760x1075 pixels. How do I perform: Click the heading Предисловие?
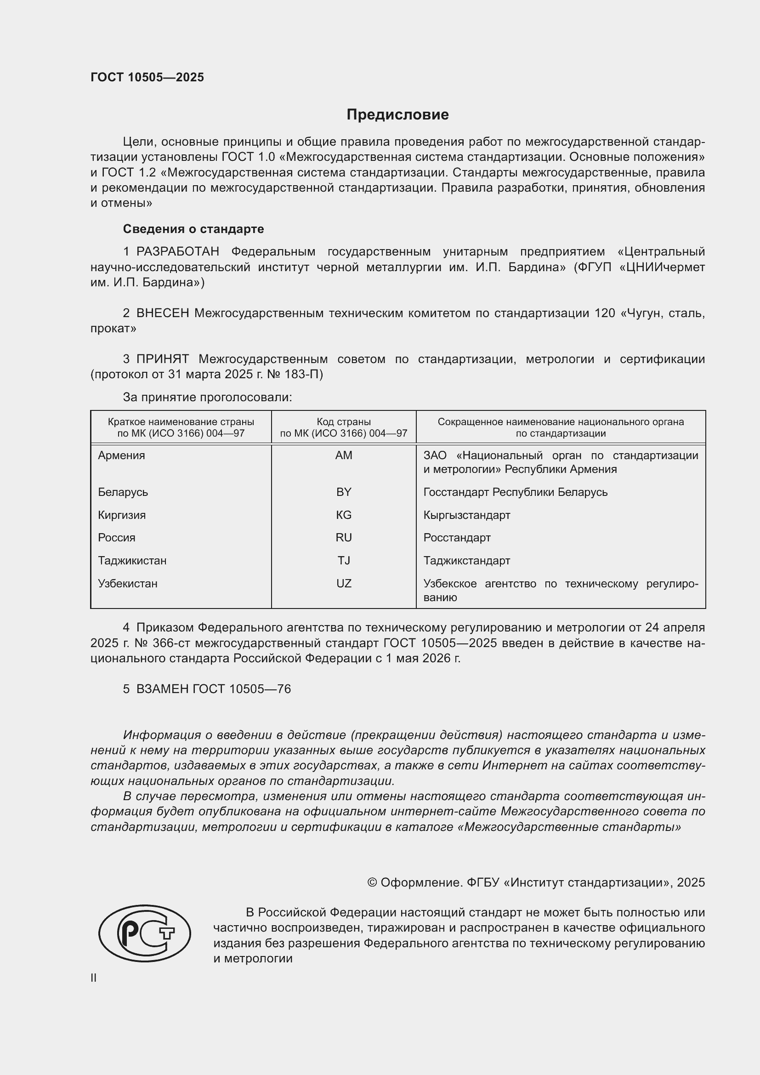(x=397, y=115)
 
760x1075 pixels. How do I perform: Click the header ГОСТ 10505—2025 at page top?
(x=147, y=78)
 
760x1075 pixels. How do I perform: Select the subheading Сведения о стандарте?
(x=193, y=229)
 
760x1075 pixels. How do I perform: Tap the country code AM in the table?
(x=344, y=455)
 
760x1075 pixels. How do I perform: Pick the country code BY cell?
(x=344, y=492)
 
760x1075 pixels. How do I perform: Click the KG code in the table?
(x=344, y=515)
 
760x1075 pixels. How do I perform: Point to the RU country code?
(x=344, y=538)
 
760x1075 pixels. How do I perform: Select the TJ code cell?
(x=344, y=560)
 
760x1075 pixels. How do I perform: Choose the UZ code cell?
(x=344, y=583)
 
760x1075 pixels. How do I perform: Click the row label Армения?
(x=122, y=455)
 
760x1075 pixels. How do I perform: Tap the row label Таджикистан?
(x=132, y=560)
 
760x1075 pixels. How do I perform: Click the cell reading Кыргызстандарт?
(x=466, y=515)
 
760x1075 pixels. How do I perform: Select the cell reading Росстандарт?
(x=457, y=538)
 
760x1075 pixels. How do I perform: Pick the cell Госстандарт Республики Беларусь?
(x=515, y=492)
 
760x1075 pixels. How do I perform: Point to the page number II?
(x=94, y=978)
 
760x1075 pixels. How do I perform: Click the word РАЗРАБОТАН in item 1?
(x=178, y=252)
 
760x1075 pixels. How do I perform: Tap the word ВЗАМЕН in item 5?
(x=162, y=689)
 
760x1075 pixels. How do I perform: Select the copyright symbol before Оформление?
(x=372, y=882)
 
